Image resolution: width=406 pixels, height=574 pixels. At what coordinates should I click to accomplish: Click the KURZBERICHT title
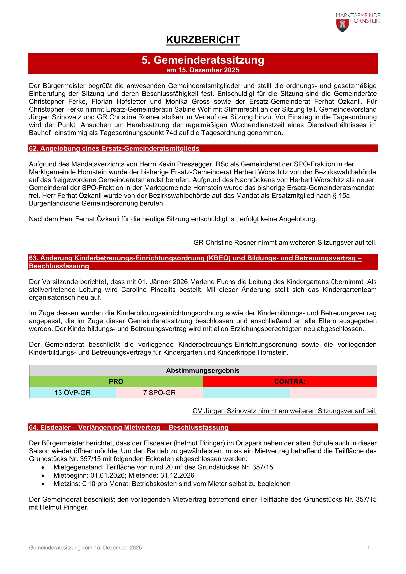pos(203,40)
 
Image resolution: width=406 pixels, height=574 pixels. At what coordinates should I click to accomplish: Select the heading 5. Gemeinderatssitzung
pos(203,60)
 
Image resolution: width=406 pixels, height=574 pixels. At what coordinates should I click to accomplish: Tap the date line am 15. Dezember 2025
pos(203,70)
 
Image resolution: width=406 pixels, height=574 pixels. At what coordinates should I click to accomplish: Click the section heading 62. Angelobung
pos(114,149)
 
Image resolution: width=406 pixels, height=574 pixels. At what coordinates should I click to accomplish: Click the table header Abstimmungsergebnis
pos(203,370)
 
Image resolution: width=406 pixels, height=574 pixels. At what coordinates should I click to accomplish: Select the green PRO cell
pos(116,382)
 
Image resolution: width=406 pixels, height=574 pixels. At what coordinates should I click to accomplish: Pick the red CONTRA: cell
pos(290,382)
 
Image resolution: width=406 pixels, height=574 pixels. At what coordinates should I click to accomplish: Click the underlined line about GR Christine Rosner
pos(285,242)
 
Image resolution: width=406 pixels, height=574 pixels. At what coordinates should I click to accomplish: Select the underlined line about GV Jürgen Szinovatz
pos(285,411)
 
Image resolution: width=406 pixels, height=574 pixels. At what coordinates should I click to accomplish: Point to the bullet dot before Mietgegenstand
pos(44,467)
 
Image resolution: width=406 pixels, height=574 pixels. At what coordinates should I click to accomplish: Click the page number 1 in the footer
pos(368,547)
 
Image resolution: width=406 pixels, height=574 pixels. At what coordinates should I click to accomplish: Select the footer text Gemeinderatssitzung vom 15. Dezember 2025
pos(85,547)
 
